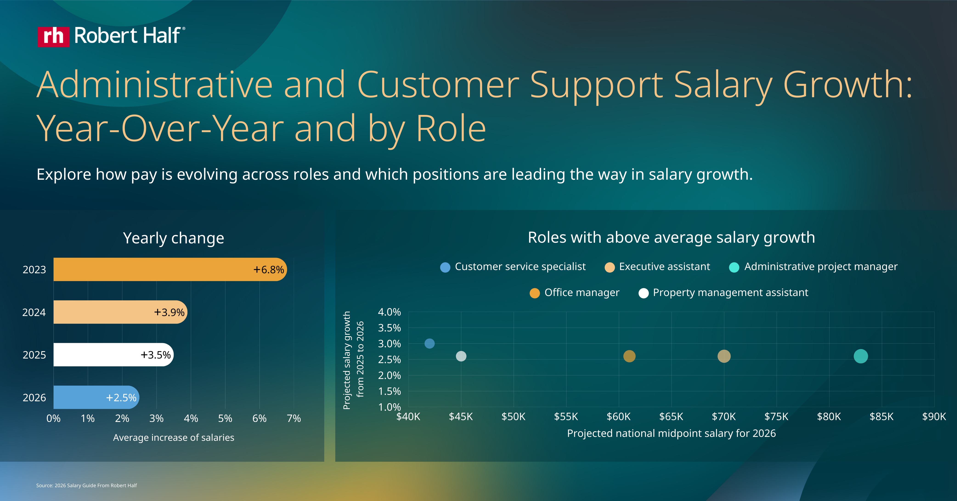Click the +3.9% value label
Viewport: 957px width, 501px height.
click(x=169, y=312)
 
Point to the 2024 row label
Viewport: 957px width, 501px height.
click(x=34, y=312)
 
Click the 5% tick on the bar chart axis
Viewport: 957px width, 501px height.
click(x=225, y=418)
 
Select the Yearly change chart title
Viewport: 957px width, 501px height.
click(x=173, y=238)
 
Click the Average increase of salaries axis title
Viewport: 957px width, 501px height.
click(x=173, y=437)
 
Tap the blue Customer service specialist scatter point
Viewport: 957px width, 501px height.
click(x=429, y=343)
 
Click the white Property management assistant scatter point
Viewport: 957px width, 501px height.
click(x=461, y=356)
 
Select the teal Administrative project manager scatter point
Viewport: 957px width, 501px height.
click(x=860, y=356)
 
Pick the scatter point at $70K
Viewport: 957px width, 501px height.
click(x=724, y=356)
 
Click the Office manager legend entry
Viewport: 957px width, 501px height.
click(x=574, y=293)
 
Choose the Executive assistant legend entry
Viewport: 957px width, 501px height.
click(x=657, y=267)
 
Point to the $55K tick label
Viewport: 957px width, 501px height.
click(x=566, y=417)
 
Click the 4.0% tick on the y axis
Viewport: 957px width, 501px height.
click(x=389, y=312)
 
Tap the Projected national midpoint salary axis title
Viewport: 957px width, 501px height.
click(x=671, y=433)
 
